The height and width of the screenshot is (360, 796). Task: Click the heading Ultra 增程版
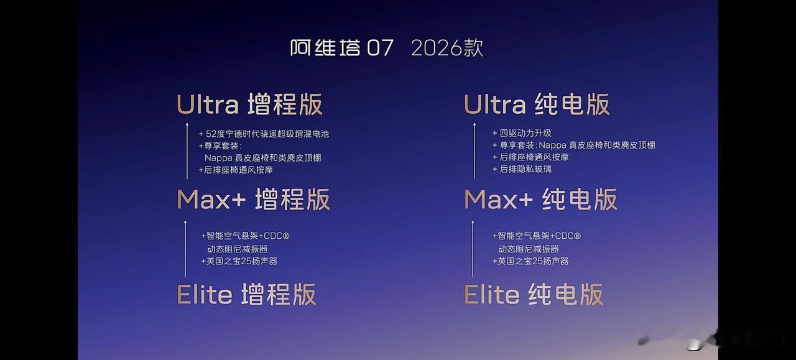tap(249, 104)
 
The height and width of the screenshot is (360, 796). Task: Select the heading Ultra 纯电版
tap(537, 104)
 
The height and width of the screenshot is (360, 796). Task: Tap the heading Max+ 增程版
tap(253, 200)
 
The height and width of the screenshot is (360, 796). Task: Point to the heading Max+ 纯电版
tap(540, 200)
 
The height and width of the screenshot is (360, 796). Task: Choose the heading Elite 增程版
tap(246, 294)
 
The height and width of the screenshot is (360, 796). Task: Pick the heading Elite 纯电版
tap(534, 294)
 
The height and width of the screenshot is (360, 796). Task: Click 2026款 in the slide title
tap(447, 48)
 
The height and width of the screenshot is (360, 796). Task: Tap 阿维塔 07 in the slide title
tap(342, 48)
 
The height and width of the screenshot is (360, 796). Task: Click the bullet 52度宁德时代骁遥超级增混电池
tap(267, 134)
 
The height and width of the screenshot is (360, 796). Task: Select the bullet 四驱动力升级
tap(525, 133)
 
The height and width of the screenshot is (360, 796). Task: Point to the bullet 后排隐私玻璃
tap(525, 169)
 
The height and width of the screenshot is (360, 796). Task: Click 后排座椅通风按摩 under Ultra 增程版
tap(238, 170)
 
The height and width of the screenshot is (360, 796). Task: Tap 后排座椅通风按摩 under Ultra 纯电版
tap(534, 157)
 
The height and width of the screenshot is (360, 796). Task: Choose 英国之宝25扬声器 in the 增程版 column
tap(242, 261)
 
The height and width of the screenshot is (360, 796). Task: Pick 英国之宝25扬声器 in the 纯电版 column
tap(533, 261)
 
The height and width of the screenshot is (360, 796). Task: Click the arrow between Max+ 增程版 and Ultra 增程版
tap(187, 151)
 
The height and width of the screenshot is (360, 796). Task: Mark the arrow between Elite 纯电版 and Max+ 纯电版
tap(473, 249)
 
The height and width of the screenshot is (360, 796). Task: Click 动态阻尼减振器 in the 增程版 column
tap(238, 249)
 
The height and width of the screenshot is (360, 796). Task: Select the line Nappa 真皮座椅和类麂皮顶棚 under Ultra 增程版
tap(263, 158)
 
